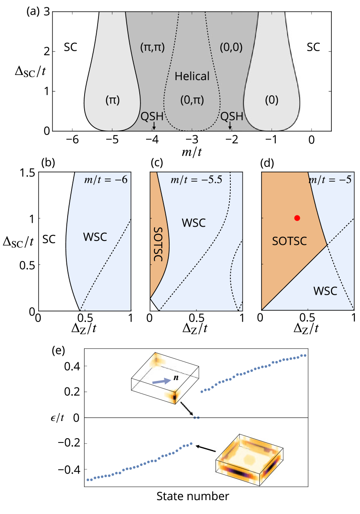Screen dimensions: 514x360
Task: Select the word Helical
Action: point(192,77)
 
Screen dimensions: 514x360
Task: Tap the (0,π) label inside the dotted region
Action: point(192,100)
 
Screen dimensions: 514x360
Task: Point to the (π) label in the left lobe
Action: point(112,100)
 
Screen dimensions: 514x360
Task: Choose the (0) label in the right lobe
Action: point(272,100)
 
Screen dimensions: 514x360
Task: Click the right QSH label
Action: point(232,116)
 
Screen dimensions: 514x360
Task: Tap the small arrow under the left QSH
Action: point(154,126)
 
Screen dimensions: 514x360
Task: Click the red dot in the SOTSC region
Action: point(297,218)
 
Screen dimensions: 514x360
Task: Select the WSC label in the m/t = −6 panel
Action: point(95,237)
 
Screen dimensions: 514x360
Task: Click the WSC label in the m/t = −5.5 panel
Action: point(193,223)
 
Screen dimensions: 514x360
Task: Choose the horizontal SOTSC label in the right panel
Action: point(289,241)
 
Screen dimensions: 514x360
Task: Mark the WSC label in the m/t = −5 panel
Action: point(325,291)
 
